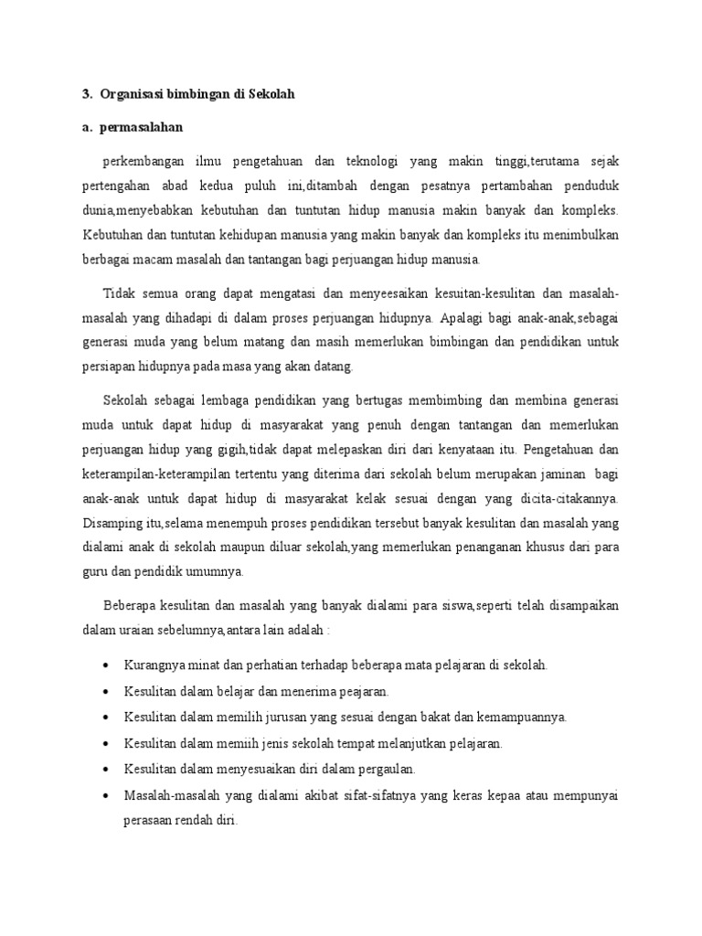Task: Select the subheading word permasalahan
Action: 146,127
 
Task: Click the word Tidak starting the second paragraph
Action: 120,294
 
